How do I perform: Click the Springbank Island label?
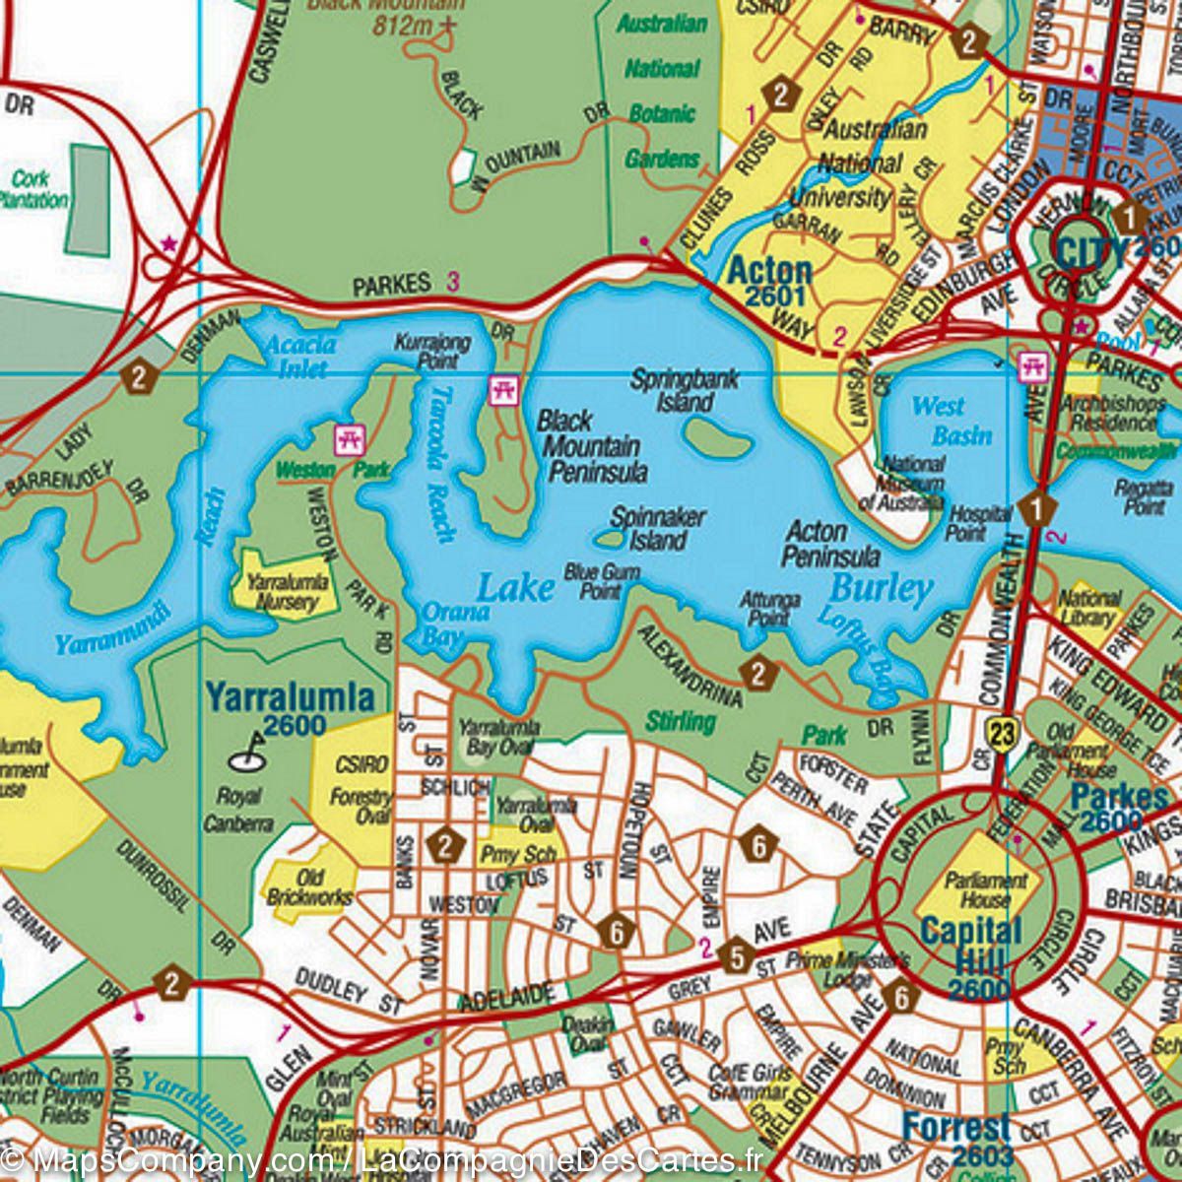[x=685, y=390]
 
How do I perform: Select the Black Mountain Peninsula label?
[x=592, y=446]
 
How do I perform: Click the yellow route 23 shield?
[x=1003, y=733]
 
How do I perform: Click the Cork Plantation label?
[x=36, y=189]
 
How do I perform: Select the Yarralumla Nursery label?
[x=283, y=591]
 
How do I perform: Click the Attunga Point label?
[x=770, y=608]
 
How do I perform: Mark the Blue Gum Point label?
[x=602, y=581]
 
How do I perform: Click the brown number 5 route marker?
[x=736, y=956]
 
